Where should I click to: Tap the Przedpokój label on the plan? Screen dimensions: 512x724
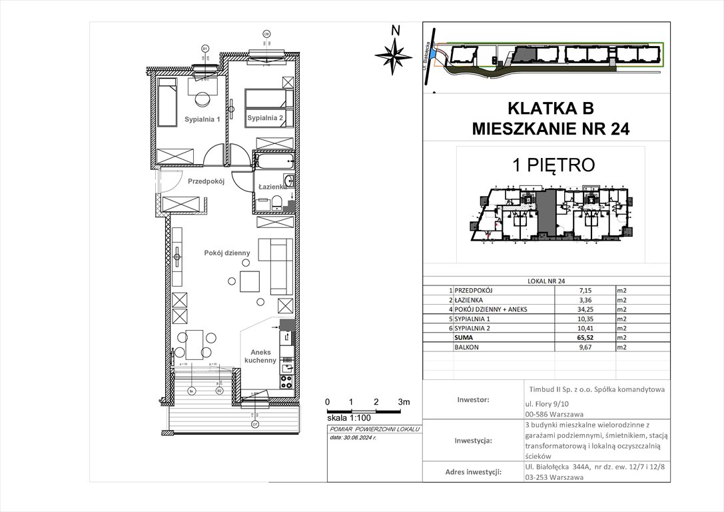207,181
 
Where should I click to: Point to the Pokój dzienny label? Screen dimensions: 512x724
227,253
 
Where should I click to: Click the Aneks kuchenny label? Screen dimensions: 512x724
260,355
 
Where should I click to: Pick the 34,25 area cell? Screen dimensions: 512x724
556,310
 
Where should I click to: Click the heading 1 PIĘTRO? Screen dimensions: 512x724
549,164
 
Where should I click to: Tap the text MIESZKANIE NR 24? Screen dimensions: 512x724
549,128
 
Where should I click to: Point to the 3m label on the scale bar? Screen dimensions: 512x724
404,402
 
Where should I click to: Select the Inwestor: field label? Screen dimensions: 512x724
473,400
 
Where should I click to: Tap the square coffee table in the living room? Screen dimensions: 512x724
251,281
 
